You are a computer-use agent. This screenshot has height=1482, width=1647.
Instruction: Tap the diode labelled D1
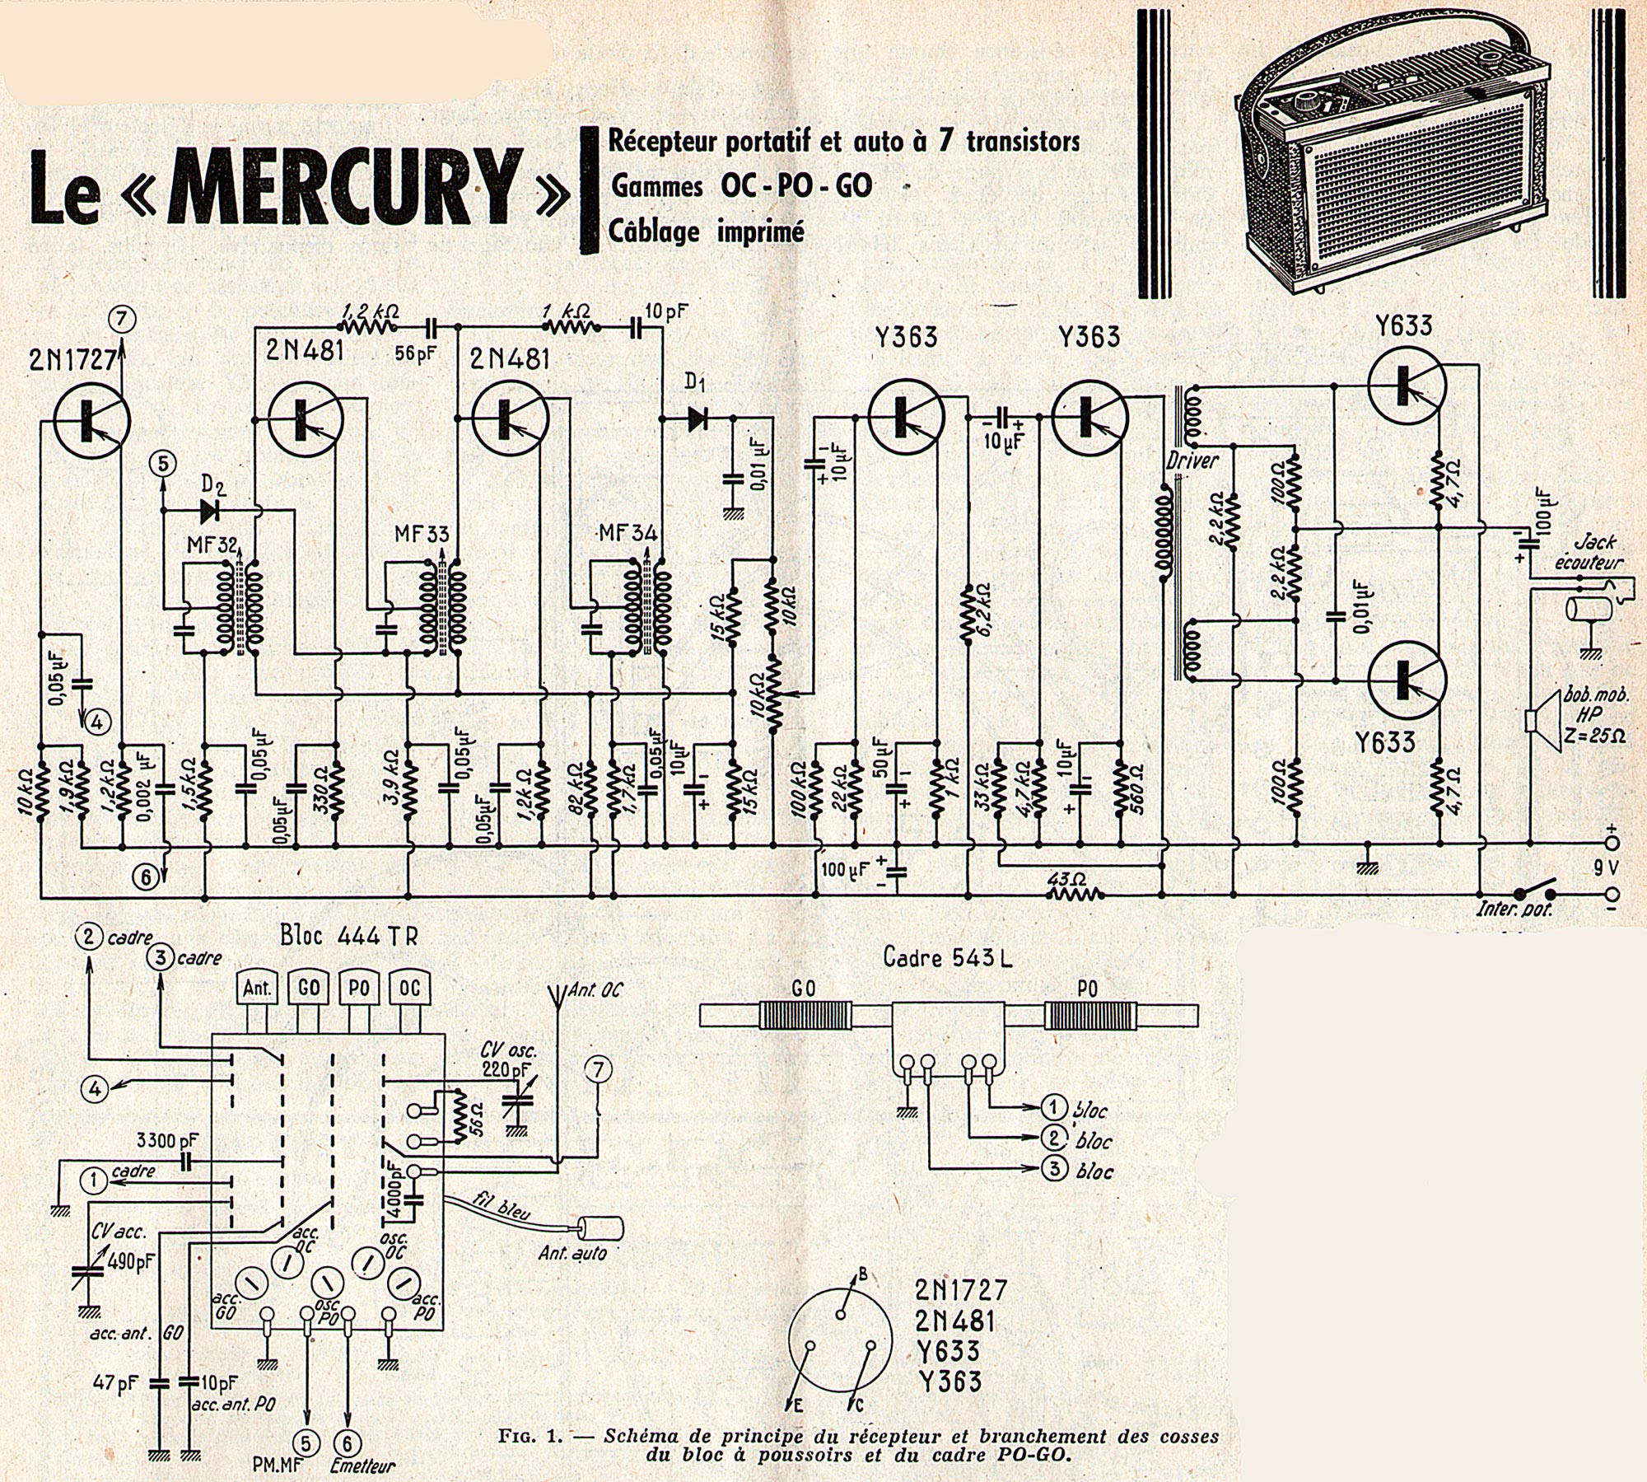697,418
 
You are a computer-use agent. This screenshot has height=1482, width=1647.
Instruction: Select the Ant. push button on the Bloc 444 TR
258,988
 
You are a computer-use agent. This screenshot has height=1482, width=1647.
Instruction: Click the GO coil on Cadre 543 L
803,1013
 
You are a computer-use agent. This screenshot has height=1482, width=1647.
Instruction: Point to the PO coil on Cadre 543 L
1089,1013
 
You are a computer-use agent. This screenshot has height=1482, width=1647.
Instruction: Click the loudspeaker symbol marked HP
1537,721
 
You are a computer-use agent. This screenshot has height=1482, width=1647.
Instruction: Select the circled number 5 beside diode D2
162,465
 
